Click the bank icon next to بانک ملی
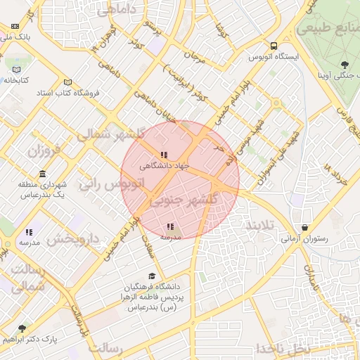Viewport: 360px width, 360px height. [x=15, y=26]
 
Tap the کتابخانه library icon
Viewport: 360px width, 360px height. [x=16, y=70]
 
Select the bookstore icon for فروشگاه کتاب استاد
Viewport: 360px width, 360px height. [x=67, y=82]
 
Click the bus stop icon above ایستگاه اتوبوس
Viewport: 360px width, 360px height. [x=273, y=46]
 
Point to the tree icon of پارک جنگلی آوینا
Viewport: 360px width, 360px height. [x=343, y=65]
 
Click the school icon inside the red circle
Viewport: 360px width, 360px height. [x=170, y=226]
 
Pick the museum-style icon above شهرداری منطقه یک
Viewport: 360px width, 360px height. [x=44, y=174]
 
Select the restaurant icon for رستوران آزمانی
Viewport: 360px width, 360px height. [x=304, y=228]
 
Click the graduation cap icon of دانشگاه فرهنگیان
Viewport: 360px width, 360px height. [x=152, y=276]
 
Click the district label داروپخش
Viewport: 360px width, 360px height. [x=70, y=239]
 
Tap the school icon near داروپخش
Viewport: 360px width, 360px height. [x=29, y=231]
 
